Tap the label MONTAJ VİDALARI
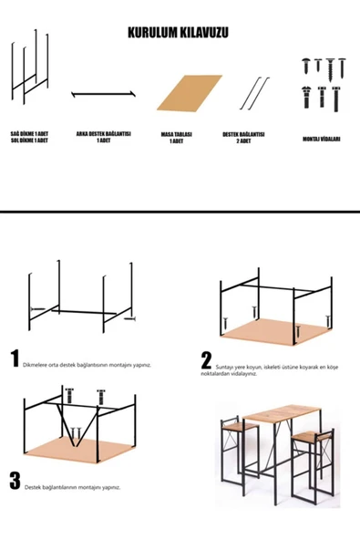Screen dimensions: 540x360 pos(322,139)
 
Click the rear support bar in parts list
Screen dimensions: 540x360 pos(104,93)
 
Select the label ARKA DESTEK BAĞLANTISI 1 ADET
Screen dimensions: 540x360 pos(103,137)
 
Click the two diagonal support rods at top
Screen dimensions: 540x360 pos(254,91)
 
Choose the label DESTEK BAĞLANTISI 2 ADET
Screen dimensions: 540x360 pos(243,137)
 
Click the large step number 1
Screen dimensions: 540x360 pos(14,358)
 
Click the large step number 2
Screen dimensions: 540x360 pos(207,361)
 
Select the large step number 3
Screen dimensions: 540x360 pos(14,482)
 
